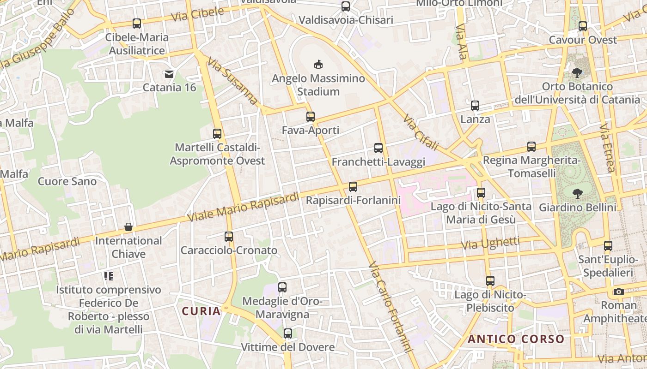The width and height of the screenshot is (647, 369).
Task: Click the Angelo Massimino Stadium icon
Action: click(x=318, y=64)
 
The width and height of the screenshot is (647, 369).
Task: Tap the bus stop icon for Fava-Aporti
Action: click(x=311, y=117)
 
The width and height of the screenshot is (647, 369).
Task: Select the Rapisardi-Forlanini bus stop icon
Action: click(x=353, y=187)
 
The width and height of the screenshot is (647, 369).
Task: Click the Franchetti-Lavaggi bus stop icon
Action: click(x=378, y=148)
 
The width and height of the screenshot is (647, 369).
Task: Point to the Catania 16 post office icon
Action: click(x=169, y=74)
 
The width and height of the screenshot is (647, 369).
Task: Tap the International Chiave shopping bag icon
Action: click(x=128, y=227)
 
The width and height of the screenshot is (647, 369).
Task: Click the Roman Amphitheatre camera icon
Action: click(x=619, y=292)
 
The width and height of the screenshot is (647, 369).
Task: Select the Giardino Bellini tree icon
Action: click(x=577, y=193)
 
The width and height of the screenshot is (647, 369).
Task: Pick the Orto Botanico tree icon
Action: click(x=577, y=72)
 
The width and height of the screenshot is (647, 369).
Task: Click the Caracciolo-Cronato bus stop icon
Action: click(x=229, y=237)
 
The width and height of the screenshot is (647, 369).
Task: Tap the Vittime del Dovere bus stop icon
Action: click(x=288, y=333)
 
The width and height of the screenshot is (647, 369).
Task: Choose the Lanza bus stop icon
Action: click(x=475, y=106)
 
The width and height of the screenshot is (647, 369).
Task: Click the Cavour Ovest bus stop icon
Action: click(x=583, y=26)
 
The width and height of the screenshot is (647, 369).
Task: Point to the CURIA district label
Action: click(x=201, y=311)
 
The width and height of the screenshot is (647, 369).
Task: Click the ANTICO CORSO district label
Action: click(x=516, y=339)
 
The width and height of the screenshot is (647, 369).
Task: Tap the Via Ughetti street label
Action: click(x=490, y=243)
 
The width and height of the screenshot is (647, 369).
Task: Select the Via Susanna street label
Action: click(x=232, y=80)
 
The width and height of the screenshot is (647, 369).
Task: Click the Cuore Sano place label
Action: click(x=67, y=181)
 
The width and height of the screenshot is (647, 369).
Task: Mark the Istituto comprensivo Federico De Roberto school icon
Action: click(x=109, y=276)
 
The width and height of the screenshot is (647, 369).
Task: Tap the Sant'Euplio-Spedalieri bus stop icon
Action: click(x=608, y=246)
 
